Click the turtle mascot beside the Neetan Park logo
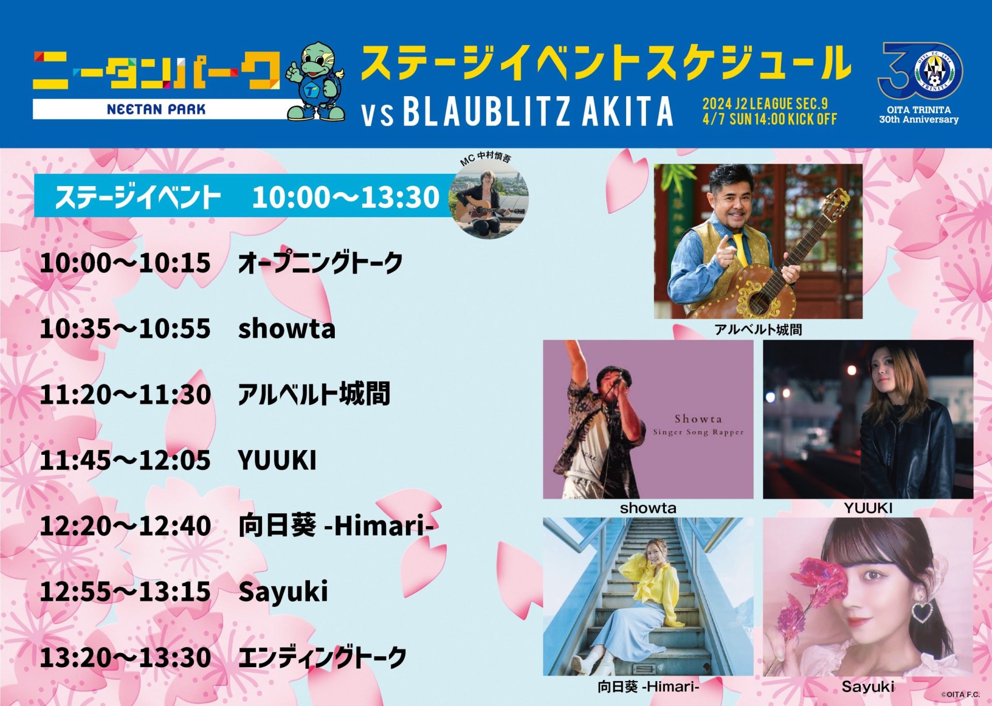coord(316,81)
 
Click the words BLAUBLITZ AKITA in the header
coord(538,111)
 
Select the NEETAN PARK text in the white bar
coord(156,109)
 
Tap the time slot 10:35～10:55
coord(125,329)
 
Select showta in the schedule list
coord(287,329)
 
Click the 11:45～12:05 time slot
coord(125,460)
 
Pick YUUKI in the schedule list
coord(277,460)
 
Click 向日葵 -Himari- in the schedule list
coord(335,526)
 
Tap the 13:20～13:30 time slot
coord(125,657)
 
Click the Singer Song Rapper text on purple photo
coord(699,432)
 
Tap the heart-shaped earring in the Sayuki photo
coord(921,610)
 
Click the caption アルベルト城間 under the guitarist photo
coord(758,330)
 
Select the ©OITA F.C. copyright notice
coord(960,695)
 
